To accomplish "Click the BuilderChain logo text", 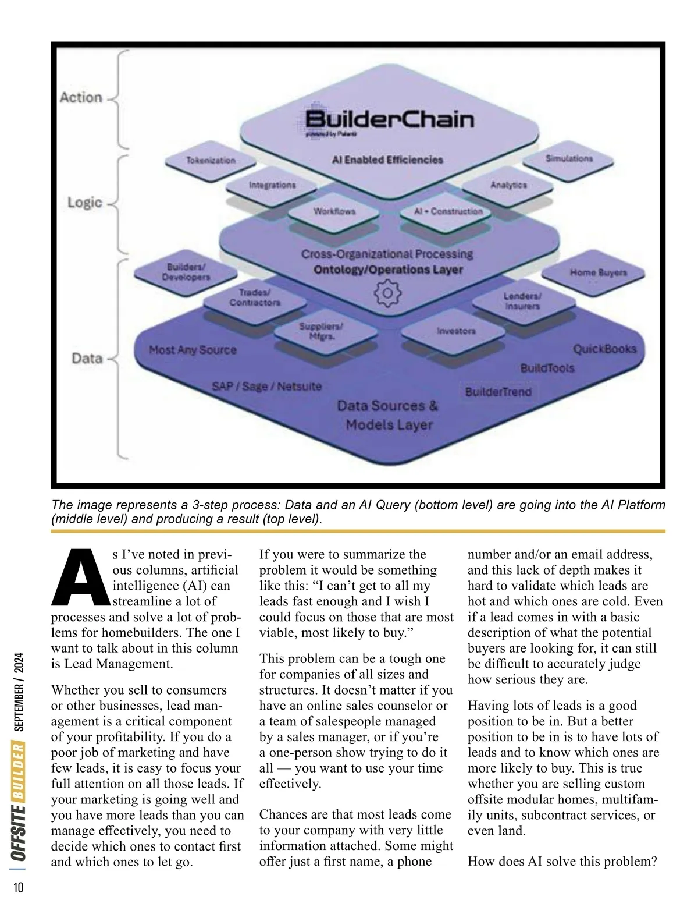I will click(389, 120).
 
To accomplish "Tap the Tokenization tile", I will click(211, 160).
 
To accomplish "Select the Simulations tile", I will click(569, 158).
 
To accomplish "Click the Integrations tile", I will click(272, 185).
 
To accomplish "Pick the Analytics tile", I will click(508, 185).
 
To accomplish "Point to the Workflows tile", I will click(334, 211).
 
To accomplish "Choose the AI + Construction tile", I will click(448, 211).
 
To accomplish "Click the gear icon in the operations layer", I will click(387, 293).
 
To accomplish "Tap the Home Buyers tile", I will click(598, 272).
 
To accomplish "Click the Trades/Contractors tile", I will click(255, 297).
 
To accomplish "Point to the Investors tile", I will click(456, 331).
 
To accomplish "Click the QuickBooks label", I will click(604, 349).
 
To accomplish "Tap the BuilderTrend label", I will click(498, 392).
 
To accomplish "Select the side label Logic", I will click(85, 203).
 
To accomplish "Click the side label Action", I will click(81, 97).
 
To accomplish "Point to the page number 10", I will click(18, 887).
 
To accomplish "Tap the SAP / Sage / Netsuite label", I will click(266, 386).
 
